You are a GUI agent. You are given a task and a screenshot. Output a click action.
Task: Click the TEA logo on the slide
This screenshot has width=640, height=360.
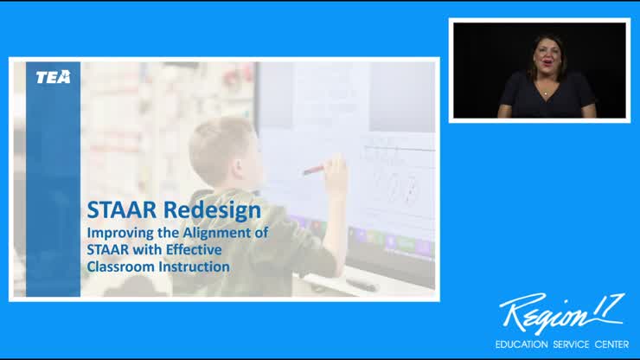pyautogui.click(x=53, y=77)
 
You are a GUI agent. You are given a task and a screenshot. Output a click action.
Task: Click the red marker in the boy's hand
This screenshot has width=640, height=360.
pyautogui.click(x=313, y=169)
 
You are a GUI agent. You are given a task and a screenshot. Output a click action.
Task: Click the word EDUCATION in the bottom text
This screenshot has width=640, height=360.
pyautogui.click(x=521, y=344)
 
